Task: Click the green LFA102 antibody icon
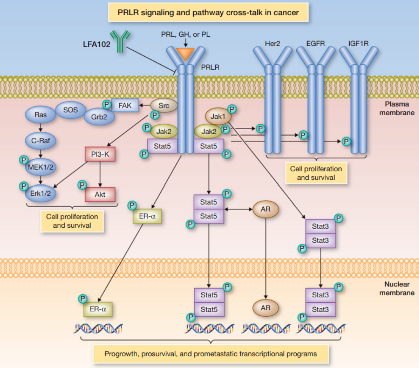(120, 41)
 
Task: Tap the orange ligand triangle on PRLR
(185, 54)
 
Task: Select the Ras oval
(40, 114)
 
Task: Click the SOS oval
(71, 110)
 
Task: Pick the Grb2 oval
(99, 117)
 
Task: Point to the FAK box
(125, 106)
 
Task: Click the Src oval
(164, 106)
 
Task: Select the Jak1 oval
(218, 116)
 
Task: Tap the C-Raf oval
(40, 141)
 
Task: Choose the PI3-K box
(100, 154)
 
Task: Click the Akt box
(100, 195)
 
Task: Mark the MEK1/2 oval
(40, 167)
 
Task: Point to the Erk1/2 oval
(40, 193)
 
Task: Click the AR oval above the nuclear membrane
(266, 209)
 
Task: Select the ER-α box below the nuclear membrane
(98, 309)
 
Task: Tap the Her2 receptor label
(272, 44)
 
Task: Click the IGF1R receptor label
(358, 44)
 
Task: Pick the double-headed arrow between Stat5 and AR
(238, 209)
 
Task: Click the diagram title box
(208, 12)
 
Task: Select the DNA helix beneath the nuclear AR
(266, 328)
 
